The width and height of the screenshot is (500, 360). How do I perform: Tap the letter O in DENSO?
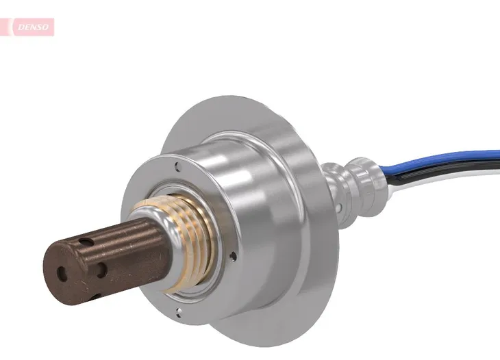[x=46, y=27]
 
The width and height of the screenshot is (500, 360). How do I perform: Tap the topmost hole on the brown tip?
[x=86, y=242]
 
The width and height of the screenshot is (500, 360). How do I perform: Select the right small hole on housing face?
[x=233, y=257]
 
